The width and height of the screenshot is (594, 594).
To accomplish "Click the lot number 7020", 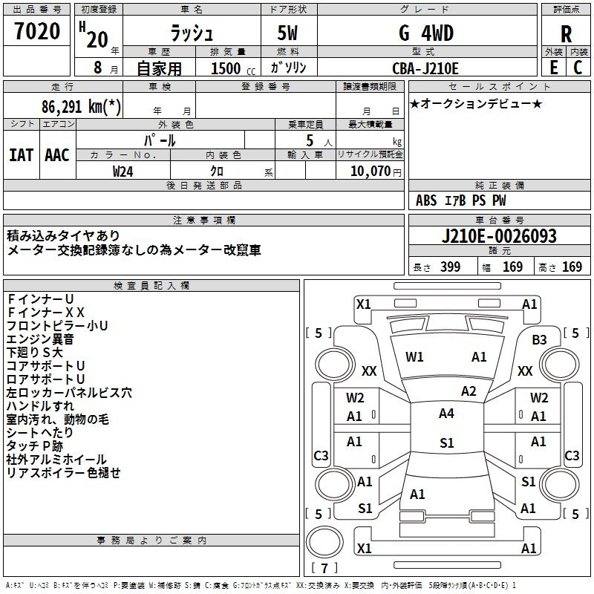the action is [36, 33].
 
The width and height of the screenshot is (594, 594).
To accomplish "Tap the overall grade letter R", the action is [567, 34].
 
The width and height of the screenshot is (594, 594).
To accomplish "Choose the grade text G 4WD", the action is [425, 33].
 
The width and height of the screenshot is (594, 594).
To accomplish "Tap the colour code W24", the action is [123, 171].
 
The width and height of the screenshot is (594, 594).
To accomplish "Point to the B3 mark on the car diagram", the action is [539, 339].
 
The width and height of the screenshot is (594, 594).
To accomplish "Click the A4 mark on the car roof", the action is [446, 414].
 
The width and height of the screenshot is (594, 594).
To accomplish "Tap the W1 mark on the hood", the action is [414, 357].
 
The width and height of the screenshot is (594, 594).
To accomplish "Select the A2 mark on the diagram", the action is [469, 391].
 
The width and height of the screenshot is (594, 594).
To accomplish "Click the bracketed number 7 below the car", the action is [324, 569].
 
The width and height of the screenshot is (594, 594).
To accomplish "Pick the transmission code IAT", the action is [21, 155].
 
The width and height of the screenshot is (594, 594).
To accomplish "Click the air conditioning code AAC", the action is [57, 155].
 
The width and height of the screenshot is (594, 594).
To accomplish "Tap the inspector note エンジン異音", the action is [40, 339].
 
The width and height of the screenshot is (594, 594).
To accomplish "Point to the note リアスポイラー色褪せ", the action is [63, 473].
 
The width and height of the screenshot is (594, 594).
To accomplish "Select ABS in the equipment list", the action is [426, 200].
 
